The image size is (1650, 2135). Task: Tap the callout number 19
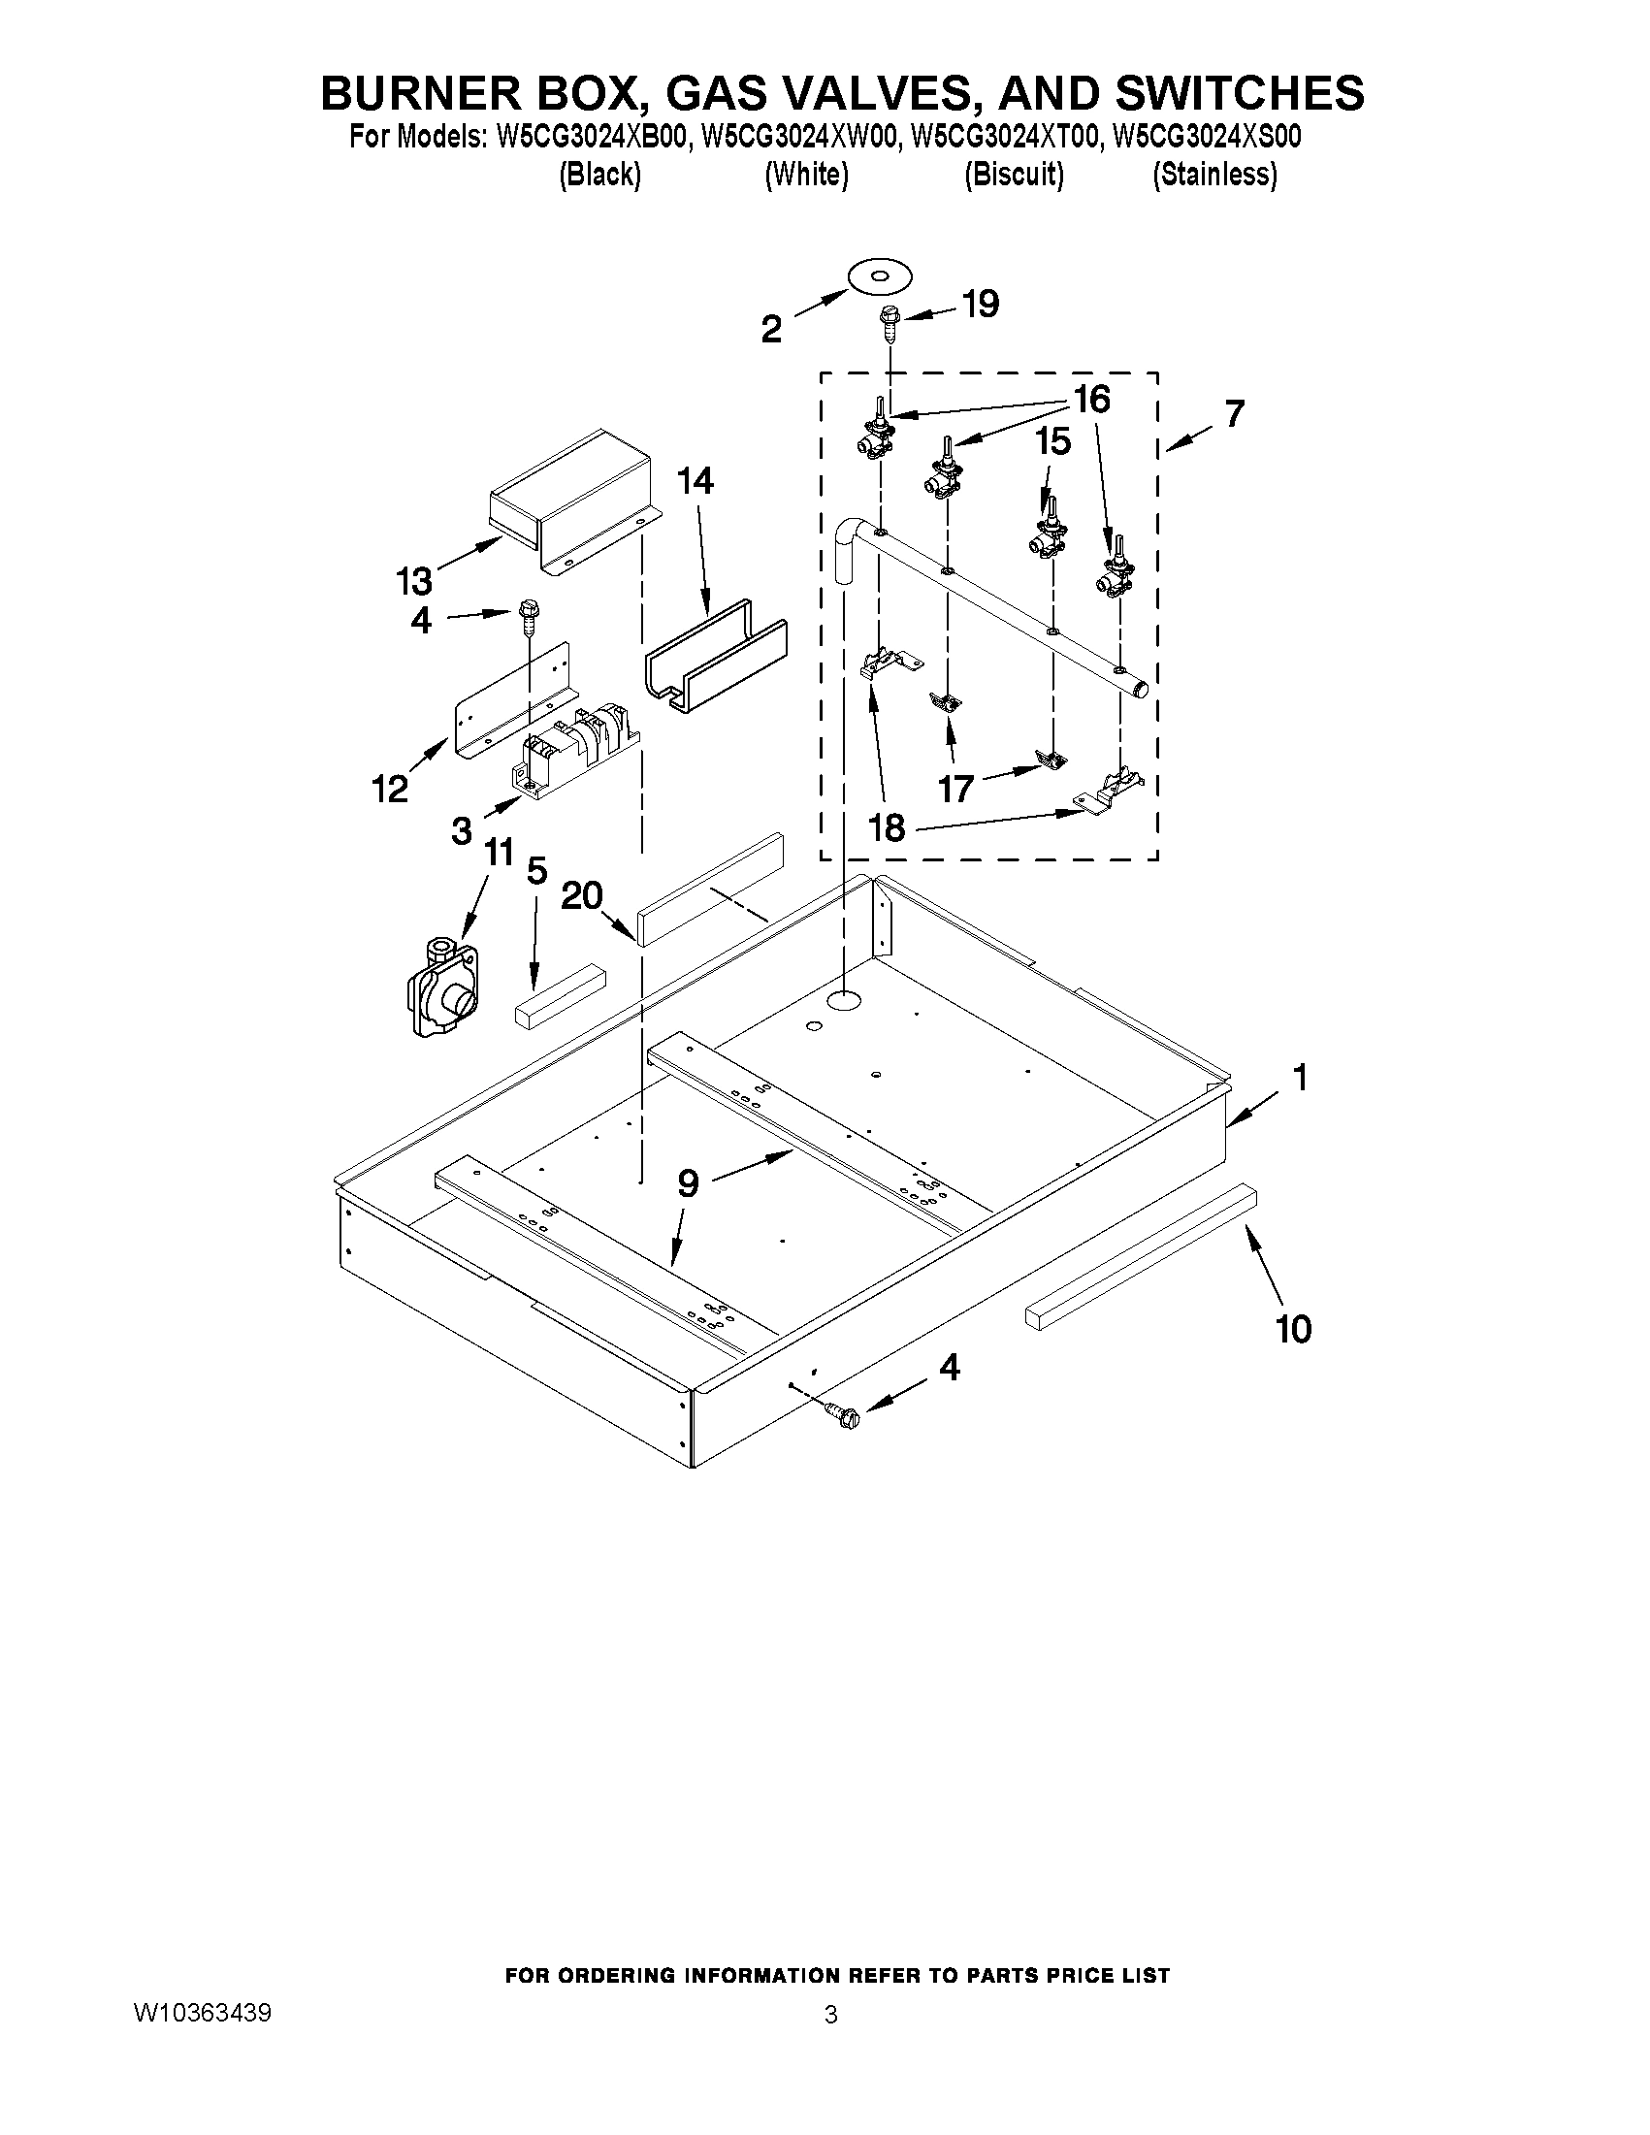(981, 305)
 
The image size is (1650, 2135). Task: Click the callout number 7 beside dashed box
(1235, 414)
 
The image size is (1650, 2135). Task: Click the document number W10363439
(203, 2013)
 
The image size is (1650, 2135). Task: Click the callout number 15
(1052, 442)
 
